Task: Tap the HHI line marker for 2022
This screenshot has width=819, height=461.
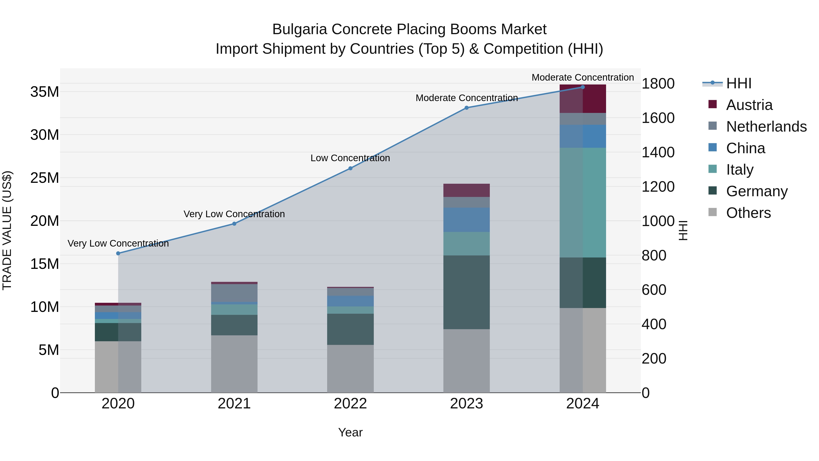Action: [350, 168]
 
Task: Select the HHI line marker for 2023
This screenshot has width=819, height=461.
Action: [466, 108]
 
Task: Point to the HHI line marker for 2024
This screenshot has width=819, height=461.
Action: [582, 87]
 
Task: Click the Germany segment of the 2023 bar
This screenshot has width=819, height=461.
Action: [466, 292]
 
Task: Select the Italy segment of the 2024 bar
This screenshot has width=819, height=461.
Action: [582, 203]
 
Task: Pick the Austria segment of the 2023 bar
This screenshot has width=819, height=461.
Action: [466, 190]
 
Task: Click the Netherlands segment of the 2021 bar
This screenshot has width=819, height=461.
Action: [234, 293]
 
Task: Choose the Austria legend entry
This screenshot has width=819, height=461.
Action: [749, 105]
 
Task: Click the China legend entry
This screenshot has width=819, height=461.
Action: [745, 148]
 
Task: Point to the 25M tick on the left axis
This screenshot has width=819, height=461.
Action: [45, 178]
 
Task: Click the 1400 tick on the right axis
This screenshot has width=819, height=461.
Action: [658, 152]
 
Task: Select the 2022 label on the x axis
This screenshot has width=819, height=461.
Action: [350, 404]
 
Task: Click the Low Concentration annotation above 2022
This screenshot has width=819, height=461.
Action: [350, 158]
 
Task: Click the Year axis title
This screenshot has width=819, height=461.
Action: [350, 432]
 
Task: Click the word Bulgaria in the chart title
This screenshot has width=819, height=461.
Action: [299, 29]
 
